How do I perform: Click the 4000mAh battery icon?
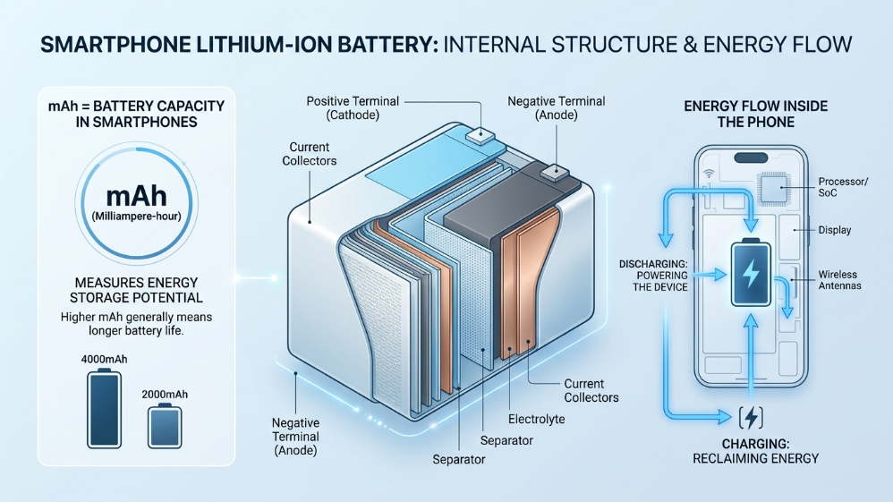[106, 409]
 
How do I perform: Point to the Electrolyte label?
[536, 418]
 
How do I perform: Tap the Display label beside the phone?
[835, 230]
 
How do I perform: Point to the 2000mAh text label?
[164, 393]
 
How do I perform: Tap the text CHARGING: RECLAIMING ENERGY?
[756, 451]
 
